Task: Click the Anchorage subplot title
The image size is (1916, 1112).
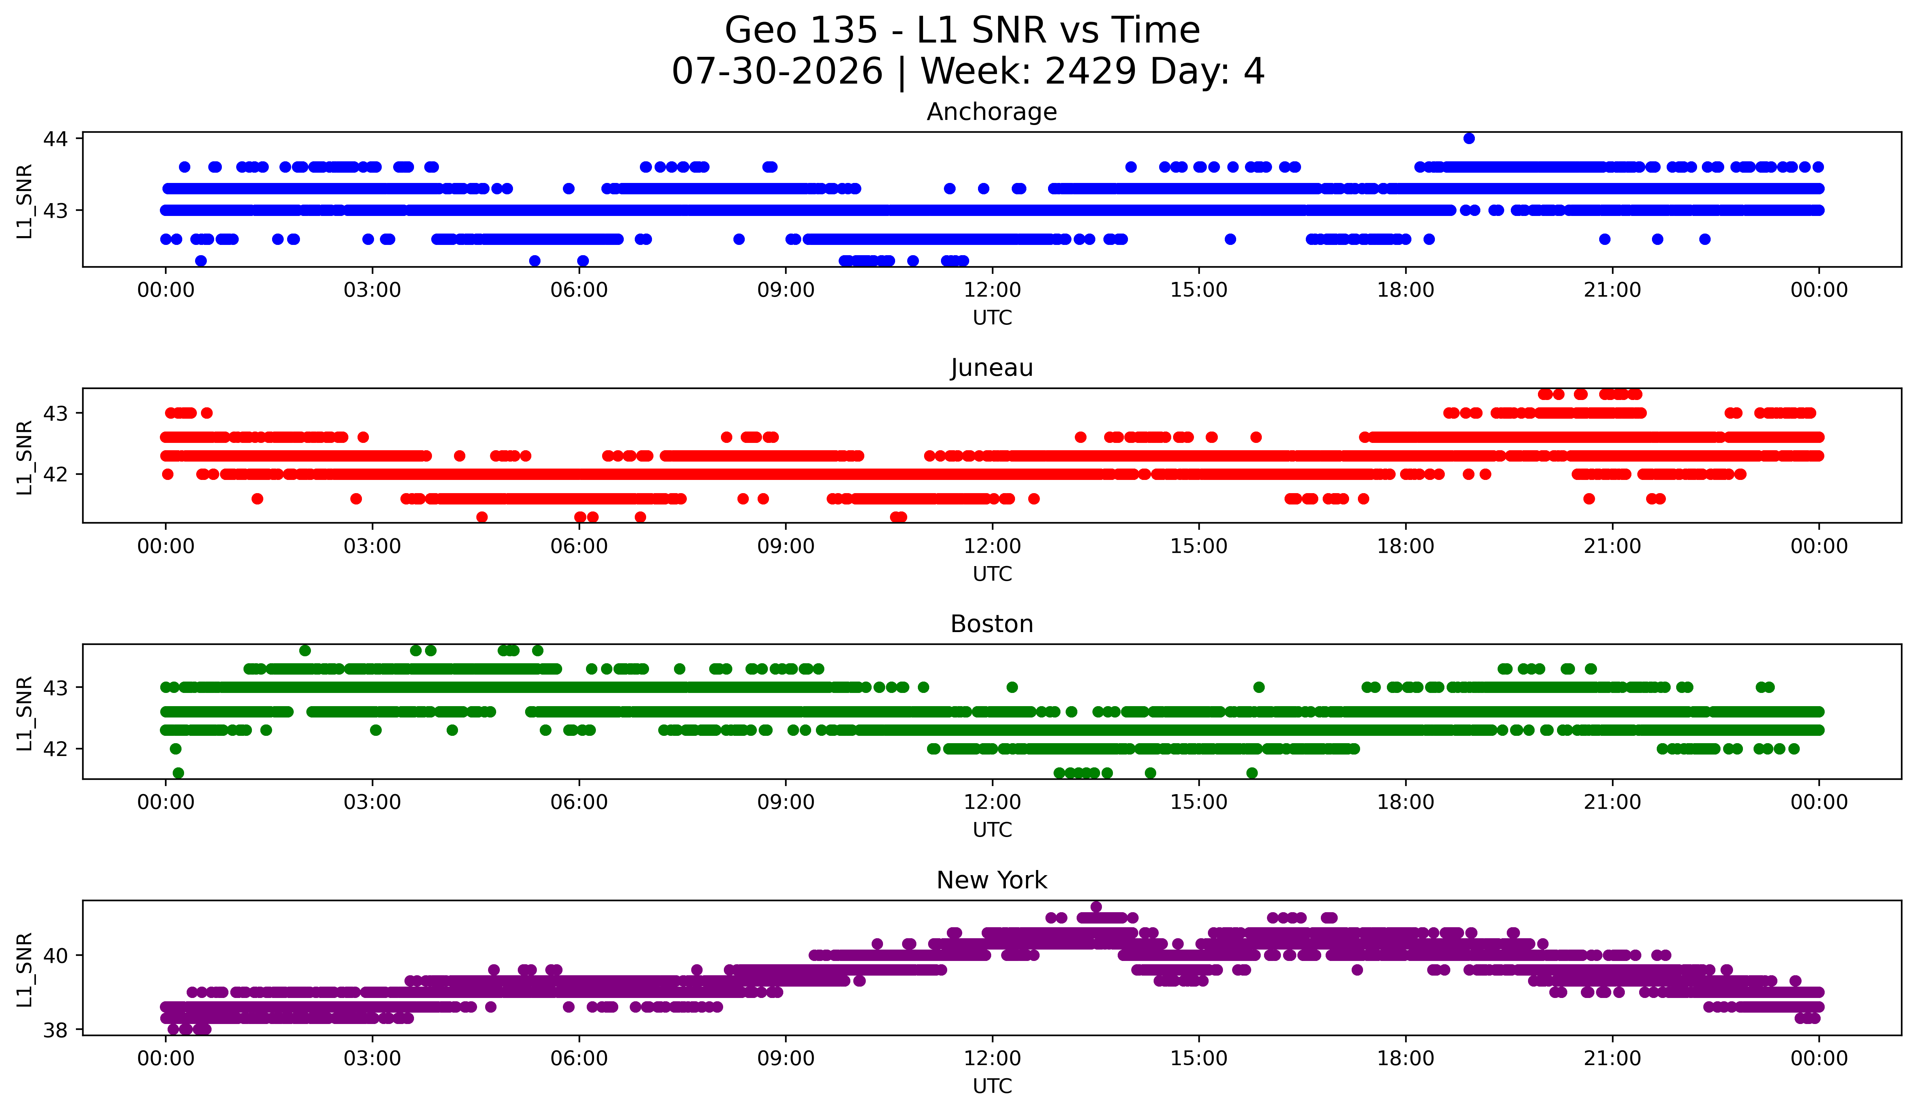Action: (992, 112)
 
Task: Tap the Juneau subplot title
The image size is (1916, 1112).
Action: (992, 368)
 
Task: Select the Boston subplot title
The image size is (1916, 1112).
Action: (992, 624)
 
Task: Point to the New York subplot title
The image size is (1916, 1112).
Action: (992, 880)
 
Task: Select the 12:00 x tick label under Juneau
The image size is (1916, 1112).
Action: (992, 546)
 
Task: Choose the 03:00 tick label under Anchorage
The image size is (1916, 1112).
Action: (373, 290)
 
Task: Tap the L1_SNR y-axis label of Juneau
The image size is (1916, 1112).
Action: (24, 458)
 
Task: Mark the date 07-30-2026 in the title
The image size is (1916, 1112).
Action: (777, 71)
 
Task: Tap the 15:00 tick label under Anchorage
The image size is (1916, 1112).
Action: (1199, 290)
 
